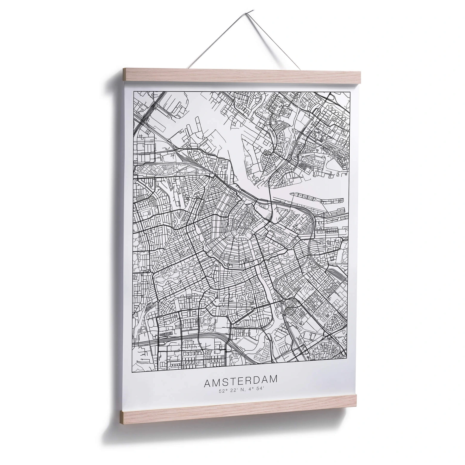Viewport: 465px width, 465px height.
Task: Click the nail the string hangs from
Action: click(252, 11)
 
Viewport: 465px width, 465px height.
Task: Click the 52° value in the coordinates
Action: click(222, 391)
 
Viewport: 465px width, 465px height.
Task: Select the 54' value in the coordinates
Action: click(260, 389)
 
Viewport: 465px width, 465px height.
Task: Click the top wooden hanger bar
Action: click(241, 75)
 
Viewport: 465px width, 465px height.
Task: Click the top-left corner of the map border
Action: click(134, 91)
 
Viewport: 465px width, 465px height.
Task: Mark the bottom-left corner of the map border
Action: click(132, 372)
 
